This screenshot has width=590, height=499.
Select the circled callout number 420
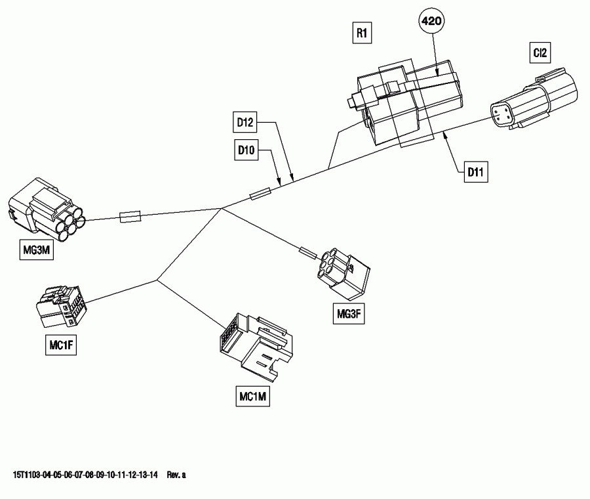(431, 22)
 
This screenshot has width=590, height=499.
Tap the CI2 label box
(541, 54)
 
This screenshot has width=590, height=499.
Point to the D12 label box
(245, 121)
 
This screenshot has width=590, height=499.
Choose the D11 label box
(475, 173)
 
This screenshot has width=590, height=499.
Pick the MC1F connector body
(60, 307)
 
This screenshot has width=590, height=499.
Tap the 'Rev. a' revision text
(177, 474)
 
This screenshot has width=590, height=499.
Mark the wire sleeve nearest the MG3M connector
(129, 217)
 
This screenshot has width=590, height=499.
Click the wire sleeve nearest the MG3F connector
(307, 251)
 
